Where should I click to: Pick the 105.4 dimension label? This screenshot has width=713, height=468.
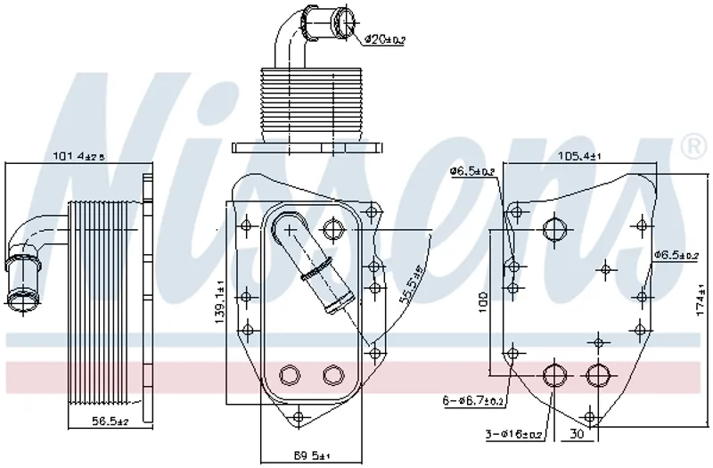coord(579,156)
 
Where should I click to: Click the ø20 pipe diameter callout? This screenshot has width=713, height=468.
coord(386,39)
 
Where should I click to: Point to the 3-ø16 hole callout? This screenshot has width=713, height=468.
coord(512,434)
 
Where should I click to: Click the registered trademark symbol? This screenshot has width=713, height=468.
coord(690,145)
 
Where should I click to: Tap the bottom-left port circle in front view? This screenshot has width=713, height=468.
coord(291,374)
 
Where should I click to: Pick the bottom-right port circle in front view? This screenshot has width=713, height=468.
coord(333,374)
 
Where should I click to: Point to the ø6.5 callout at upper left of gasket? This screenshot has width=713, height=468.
coord(471,170)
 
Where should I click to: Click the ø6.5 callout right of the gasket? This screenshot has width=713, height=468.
coord(675,255)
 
